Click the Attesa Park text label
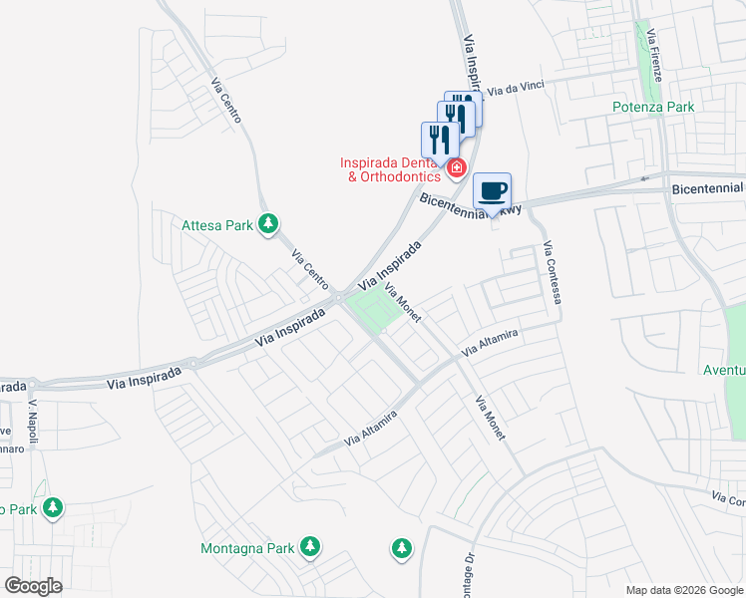(x=217, y=225)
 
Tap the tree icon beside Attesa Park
(x=267, y=224)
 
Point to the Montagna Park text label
(x=247, y=548)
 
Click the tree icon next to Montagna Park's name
(x=311, y=546)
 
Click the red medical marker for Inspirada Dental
(x=457, y=167)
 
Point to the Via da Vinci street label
(x=516, y=89)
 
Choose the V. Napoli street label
(x=34, y=416)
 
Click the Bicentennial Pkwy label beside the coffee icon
(x=469, y=206)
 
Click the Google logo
(x=33, y=585)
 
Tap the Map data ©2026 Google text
(x=683, y=590)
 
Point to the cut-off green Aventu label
(x=724, y=370)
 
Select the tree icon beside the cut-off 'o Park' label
(x=53, y=508)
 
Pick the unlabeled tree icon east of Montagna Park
(x=401, y=547)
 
